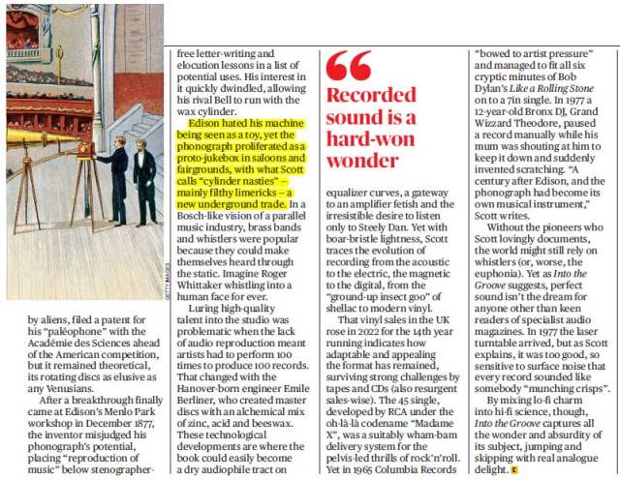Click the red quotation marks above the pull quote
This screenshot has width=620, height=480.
349,65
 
